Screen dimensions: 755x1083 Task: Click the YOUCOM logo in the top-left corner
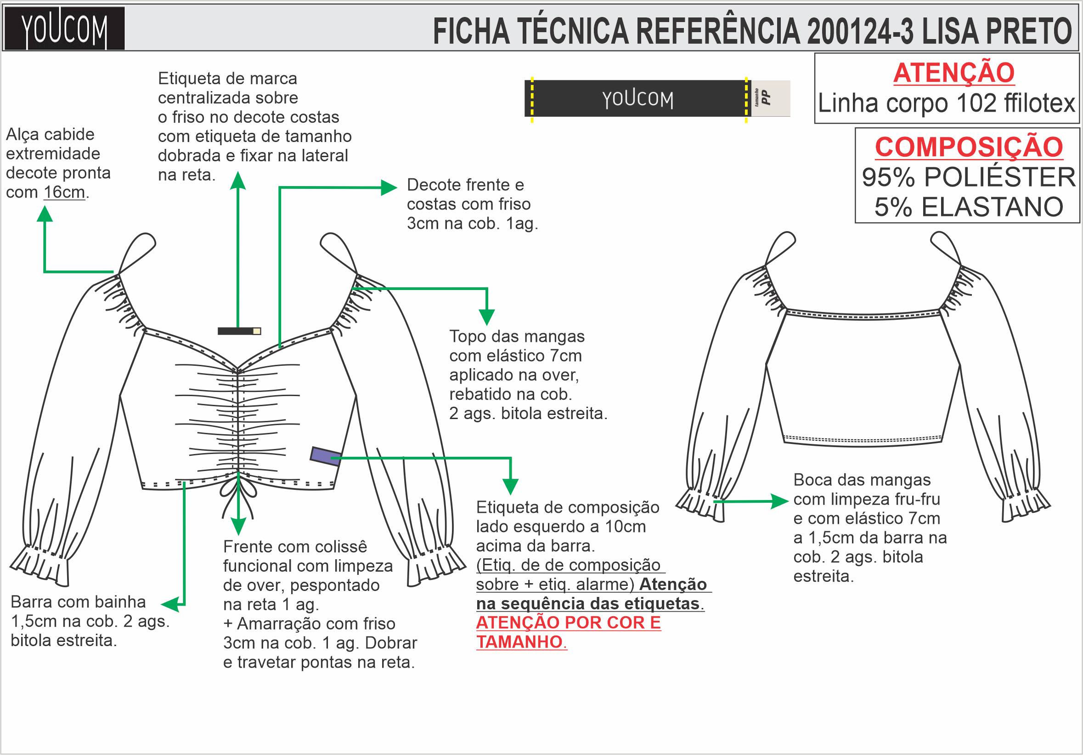click(64, 28)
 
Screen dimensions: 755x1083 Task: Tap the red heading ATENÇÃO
click(953, 73)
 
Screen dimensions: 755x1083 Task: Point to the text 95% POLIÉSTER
click(968, 177)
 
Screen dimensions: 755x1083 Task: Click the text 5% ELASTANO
click(968, 207)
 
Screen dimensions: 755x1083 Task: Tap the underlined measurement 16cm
click(64, 193)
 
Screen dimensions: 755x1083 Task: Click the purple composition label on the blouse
click(326, 456)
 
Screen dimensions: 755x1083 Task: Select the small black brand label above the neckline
click(239, 331)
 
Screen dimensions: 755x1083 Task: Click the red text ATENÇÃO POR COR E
click(568, 623)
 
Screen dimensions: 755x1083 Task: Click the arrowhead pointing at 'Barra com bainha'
click(169, 604)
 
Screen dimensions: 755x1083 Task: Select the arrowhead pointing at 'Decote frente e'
click(389, 187)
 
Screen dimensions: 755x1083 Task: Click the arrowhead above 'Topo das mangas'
click(486, 316)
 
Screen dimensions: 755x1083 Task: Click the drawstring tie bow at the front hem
click(238, 491)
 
